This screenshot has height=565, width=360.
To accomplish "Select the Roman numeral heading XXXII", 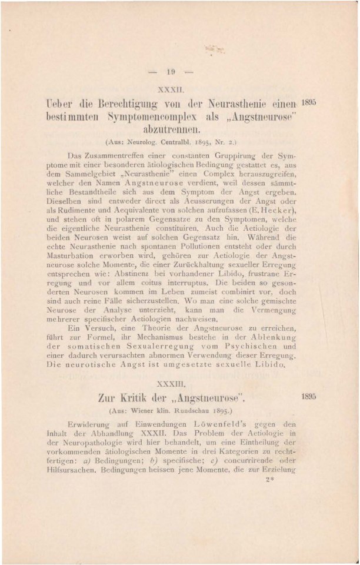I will point(171,89).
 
